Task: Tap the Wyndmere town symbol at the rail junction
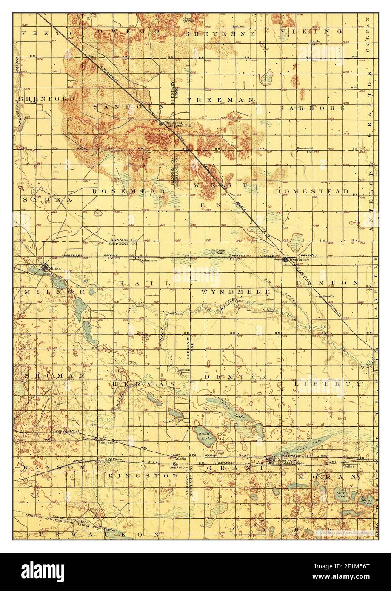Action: [285, 259]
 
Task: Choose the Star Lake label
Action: [340, 494]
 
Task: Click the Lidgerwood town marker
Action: [271, 460]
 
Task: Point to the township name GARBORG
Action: [312, 108]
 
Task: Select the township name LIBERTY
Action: [328, 384]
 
